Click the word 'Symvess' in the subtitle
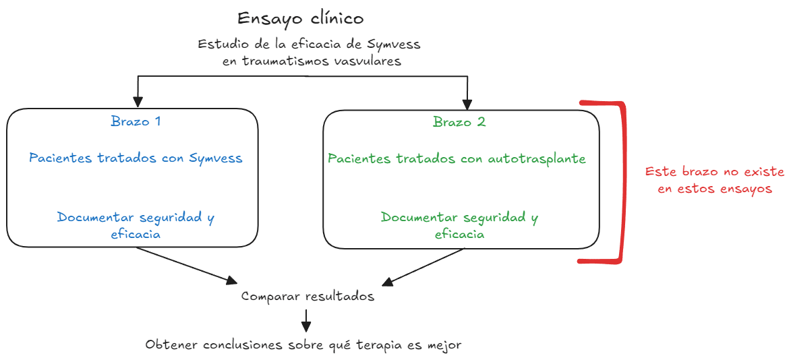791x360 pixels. click(394, 44)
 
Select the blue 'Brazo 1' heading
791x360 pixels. click(136, 122)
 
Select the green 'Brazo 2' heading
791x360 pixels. click(459, 122)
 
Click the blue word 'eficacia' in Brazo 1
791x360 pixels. click(136, 234)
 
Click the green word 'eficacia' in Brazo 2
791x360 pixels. click(459, 234)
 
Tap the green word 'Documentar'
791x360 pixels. click(419, 218)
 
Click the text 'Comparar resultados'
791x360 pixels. click(307, 297)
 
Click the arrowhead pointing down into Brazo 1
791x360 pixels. click(138, 102)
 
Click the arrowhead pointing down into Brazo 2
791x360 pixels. click(466, 104)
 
